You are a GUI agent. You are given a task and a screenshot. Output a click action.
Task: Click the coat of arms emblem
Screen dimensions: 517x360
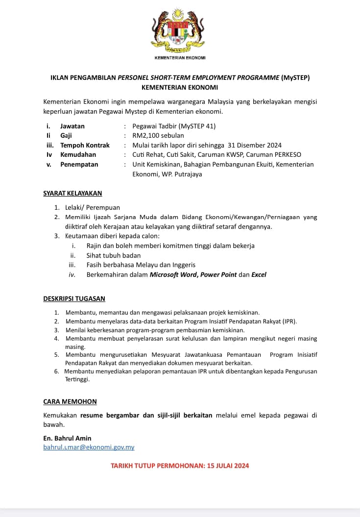[180, 32]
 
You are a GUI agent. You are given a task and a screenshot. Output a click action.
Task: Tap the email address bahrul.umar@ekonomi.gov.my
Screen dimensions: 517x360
[89, 447]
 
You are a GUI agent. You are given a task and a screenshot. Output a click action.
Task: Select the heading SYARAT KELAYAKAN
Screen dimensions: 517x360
[72, 194]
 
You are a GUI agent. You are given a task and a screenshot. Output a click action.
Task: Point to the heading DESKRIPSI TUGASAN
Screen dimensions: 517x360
[74, 298]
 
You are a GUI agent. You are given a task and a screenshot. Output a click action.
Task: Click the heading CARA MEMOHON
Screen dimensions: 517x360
[70, 401]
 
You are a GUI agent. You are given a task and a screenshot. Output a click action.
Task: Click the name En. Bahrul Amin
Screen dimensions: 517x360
[67, 438]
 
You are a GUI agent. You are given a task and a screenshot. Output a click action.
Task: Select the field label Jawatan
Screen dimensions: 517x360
[72, 126]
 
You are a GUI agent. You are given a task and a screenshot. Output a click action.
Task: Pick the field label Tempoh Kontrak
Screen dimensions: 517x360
[85, 145]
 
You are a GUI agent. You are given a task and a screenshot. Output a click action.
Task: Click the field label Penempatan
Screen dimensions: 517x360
[79, 165]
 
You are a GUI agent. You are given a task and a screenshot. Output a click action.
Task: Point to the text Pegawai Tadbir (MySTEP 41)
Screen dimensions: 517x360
[174, 126]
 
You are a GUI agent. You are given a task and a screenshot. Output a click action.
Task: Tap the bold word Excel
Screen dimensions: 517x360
[259, 274]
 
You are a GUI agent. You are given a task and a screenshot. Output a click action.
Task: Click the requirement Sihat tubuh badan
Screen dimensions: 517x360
[114, 255]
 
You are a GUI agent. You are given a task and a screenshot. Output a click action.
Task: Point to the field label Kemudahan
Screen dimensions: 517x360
[78, 155]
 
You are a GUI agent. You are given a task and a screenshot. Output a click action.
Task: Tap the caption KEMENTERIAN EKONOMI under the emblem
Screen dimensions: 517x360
[180, 58]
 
